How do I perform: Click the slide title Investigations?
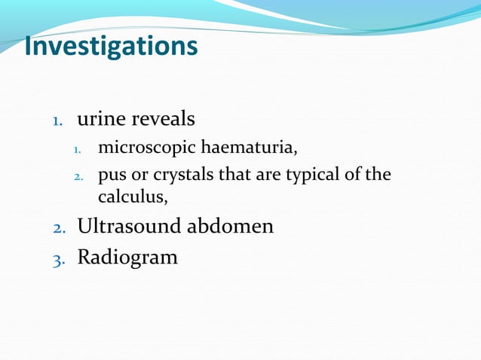111,47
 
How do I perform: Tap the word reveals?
164,119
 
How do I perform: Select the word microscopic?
147,148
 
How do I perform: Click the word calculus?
130,197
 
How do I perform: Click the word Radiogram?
127,257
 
